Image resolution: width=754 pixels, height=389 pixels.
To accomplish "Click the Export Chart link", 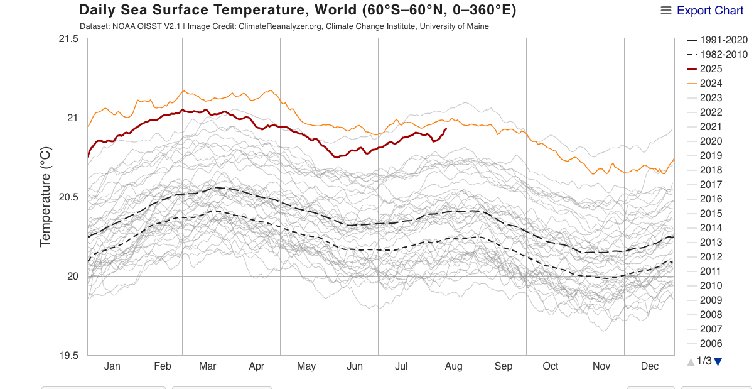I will (x=710, y=11).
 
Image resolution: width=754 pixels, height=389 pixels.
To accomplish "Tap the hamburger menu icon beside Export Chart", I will (x=666, y=11).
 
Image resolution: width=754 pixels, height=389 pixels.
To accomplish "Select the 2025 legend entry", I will (x=711, y=69).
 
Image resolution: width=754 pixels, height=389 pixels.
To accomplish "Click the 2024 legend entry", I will (x=711, y=84).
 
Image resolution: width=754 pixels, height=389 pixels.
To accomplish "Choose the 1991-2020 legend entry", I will (x=723, y=40).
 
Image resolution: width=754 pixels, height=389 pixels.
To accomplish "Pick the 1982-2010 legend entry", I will (x=723, y=55).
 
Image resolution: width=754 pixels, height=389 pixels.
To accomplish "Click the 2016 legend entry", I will (x=711, y=199).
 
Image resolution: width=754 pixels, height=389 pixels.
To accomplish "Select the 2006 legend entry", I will (x=711, y=344).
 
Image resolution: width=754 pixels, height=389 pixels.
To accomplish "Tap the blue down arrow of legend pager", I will (x=719, y=361).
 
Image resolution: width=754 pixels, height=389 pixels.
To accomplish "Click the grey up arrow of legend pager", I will (x=691, y=361).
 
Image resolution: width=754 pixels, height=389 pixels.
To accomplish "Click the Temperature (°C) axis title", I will (x=45, y=197).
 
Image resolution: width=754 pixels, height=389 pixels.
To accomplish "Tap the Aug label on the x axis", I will (x=453, y=366).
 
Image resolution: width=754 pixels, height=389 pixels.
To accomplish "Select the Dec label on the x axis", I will (x=649, y=366).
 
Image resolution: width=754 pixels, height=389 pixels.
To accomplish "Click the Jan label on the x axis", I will (x=112, y=366).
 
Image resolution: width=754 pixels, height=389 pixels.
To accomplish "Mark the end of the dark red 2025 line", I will (x=446, y=129).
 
